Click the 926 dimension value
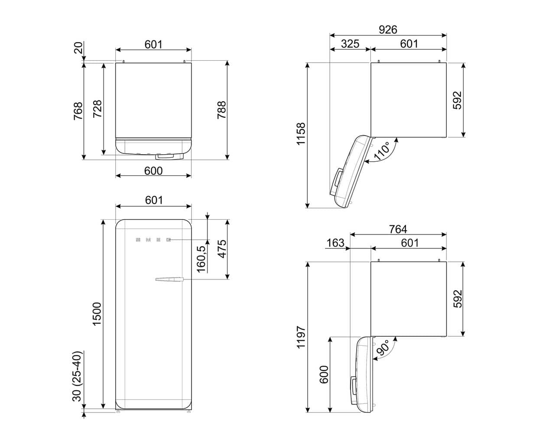point(387,30)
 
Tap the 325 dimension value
point(350,44)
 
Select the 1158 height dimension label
point(301,134)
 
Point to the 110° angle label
point(381,151)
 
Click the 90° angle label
point(383,348)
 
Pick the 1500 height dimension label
point(97,314)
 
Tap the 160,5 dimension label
point(201,259)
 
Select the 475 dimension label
point(222,249)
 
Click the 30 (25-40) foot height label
point(77,376)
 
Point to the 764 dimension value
point(398,229)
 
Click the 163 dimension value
point(335,243)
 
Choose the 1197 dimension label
point(301,337)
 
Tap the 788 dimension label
point(222,110)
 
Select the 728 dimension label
point(97,109)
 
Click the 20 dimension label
point(78,48)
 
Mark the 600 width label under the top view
point(153,171)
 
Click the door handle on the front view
point(169,279)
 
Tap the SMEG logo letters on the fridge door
point(153,240)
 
